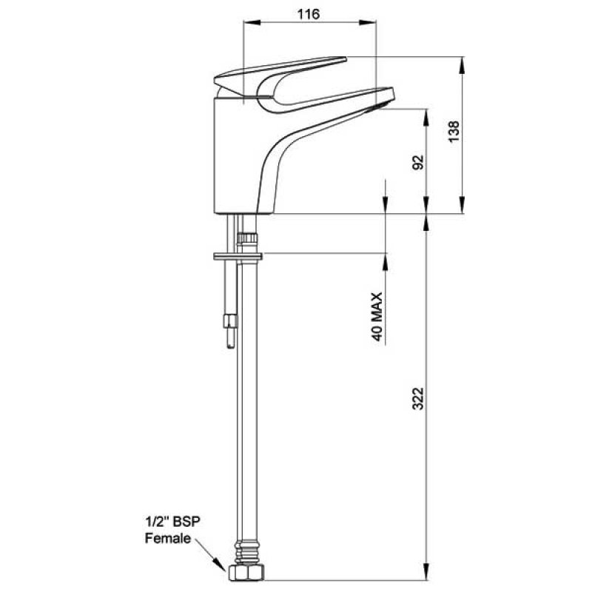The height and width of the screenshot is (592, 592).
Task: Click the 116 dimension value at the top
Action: pos(310,15)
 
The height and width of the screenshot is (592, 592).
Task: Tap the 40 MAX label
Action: pos(377,316)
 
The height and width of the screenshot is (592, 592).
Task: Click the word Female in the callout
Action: pos(168,538)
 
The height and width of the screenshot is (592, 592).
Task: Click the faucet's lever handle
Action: pos(281,68)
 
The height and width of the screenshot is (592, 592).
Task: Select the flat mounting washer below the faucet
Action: pos(236,256)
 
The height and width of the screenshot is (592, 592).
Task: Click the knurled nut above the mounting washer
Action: pos(247,238)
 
